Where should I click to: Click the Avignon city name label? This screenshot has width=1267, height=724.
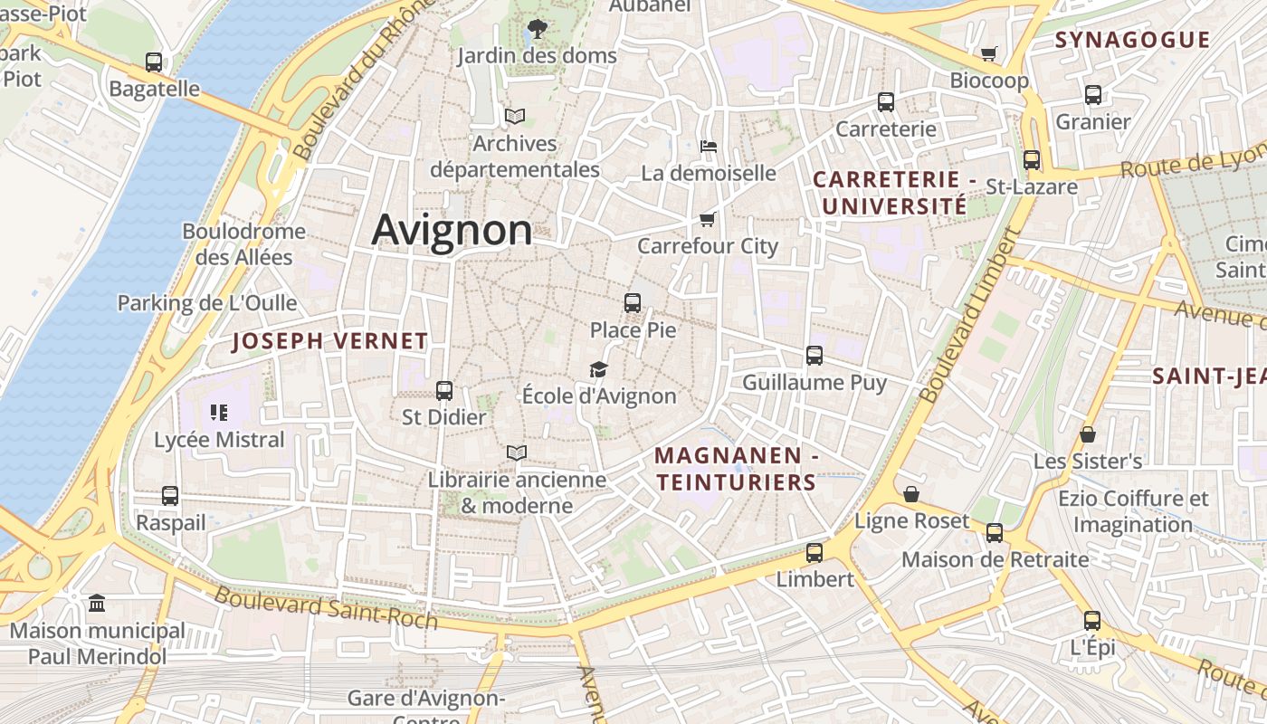click(452, 230)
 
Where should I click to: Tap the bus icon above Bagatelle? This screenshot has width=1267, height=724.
click(154, 62)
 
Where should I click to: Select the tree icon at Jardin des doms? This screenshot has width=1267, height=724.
click(537, 29)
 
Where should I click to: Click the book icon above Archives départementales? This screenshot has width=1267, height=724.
click(515, 117)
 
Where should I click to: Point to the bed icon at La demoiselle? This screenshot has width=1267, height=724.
click(709, 146)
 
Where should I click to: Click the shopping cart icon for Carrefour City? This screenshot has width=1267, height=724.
click(708, 219)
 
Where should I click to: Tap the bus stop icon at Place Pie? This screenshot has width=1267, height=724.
click(633, 303)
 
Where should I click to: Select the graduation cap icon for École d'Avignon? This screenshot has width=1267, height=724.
click(598, 369)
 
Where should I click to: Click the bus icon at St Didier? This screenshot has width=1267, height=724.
click(443, 391)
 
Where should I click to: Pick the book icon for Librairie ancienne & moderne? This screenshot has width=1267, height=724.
click(517, 452)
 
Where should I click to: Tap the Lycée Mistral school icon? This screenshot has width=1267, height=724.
click(219, 413)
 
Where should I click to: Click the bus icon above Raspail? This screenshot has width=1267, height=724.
click(170, 496)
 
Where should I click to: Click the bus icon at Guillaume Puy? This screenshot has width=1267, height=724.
click(814, 356)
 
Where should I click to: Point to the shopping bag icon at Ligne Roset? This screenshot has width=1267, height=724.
click(911, 494)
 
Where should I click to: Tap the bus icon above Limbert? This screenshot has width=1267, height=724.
click(814, 552)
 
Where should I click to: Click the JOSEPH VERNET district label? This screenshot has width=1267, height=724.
click(330, 341)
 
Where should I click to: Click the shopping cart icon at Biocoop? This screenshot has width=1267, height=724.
click(989, 54)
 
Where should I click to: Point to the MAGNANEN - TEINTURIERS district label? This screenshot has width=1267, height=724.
click(737, 469)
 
